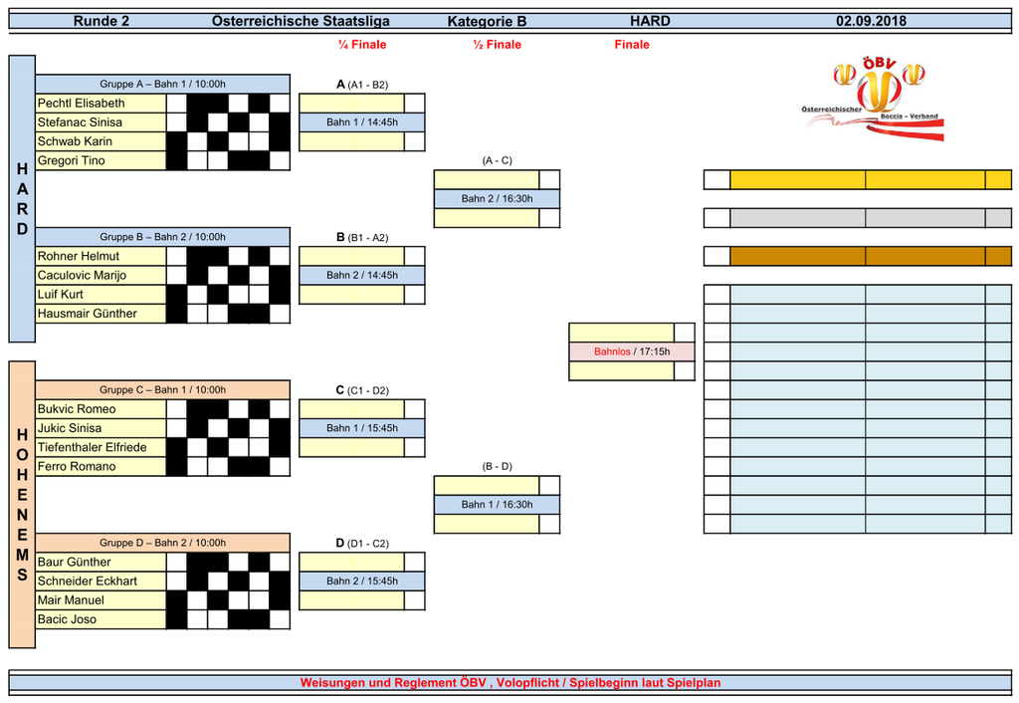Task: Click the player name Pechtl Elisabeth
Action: click(x=82, y=104)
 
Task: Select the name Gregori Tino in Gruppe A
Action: click(x=71, y=161)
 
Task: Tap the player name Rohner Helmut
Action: click(x=79, y=257)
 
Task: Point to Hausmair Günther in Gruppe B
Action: click(x=88, y=314)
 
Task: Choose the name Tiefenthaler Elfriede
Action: click(x=92, y=448)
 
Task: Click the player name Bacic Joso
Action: click(x=68, y=620)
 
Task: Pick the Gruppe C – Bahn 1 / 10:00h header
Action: click(x=162, y=390)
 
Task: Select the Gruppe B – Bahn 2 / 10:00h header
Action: click(x=162, y=237)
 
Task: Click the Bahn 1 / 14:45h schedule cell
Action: click(x=362, y=122)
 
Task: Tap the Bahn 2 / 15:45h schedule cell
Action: click(x=362, y=582)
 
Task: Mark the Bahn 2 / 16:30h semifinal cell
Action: click(x=497, y=199)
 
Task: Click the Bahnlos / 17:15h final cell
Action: click(x=632, y=351)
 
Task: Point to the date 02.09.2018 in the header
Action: click(x=871, y=21)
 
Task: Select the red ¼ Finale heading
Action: click(x=362, y=45)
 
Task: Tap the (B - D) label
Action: click(x=497, y=466)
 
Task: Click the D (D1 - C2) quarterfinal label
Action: click(x=362, y=544)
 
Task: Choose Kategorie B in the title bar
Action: click(x=488, y=21)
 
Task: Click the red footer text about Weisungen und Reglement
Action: click(x=509, y=683)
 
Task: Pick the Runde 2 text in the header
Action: click(x=102, y=21)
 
